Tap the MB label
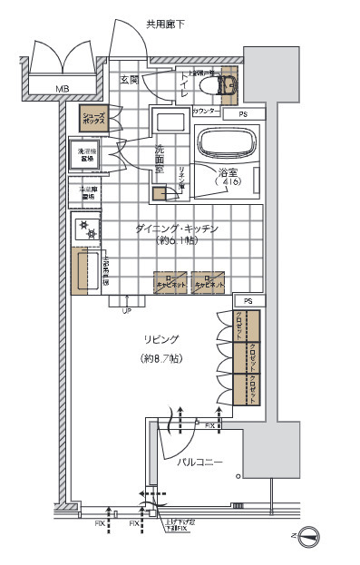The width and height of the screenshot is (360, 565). click(x=62, y=88)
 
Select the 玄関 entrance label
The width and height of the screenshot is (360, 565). click(x=130, y=80)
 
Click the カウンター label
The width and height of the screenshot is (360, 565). click(x=206, y=112)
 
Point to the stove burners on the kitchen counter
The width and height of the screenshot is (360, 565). click(x=89, y=229)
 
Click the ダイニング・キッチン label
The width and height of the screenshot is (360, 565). click(x=178, y=229)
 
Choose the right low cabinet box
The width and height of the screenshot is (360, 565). click(x=208, y=282)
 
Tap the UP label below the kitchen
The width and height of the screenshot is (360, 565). click(x=126, y=310)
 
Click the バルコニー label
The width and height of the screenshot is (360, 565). click(x=199, y=463)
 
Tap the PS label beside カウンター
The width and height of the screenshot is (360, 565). click(x=243, y=115)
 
